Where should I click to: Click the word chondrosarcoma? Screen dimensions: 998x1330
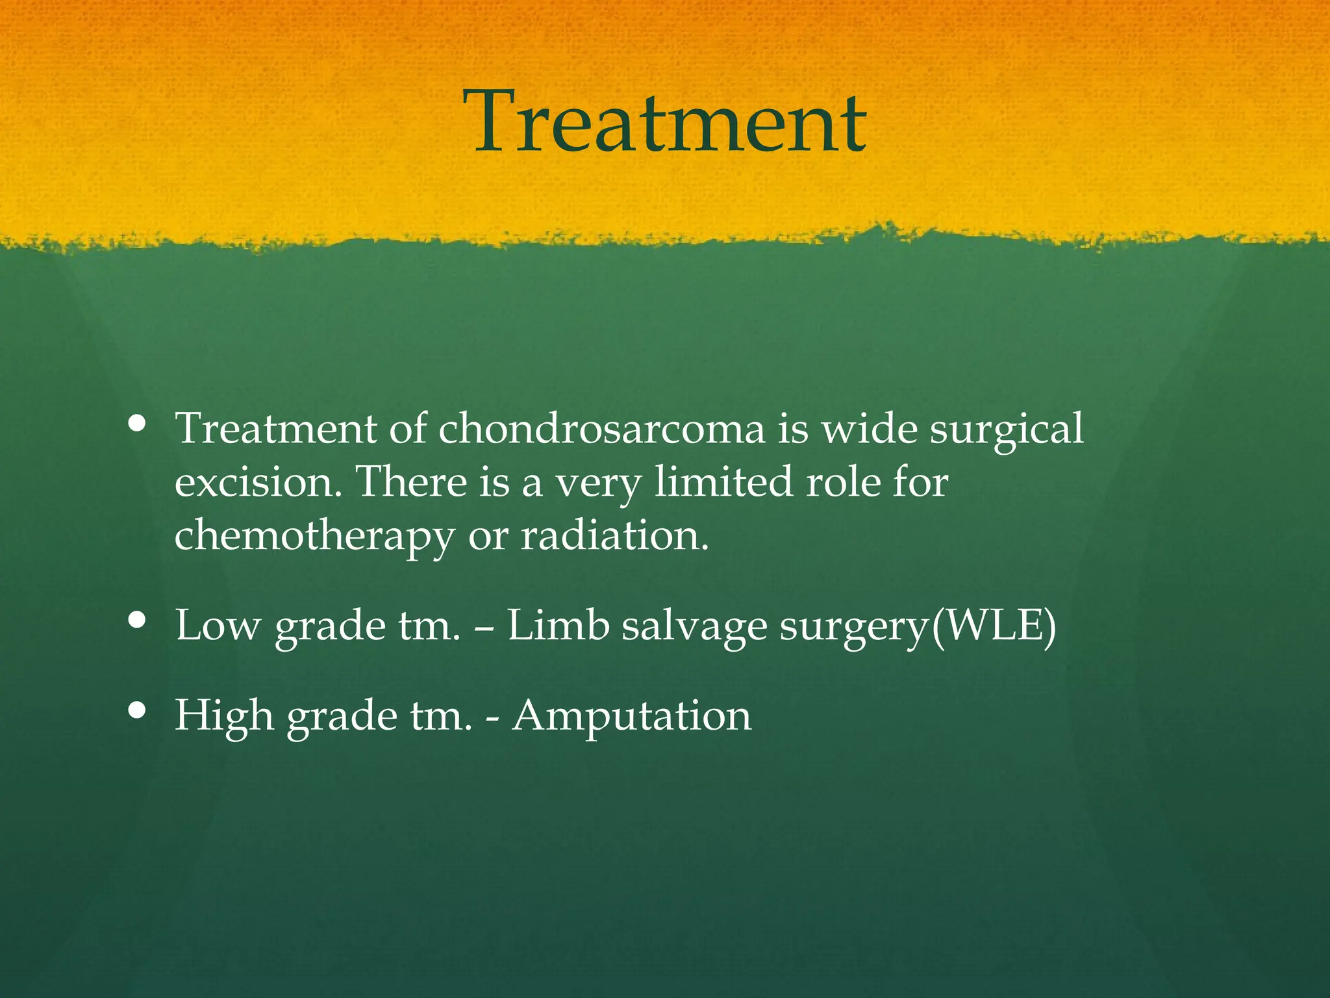coord(601,429)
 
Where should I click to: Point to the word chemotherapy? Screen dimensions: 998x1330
coord(314,537)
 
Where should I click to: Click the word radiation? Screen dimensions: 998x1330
coord(613,536)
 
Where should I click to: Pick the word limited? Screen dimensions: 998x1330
coord(723,482)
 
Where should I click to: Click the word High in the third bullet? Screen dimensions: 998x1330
coord(224,715)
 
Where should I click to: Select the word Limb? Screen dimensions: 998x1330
coord(558,626)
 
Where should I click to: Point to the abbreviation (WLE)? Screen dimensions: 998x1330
coord(993,626)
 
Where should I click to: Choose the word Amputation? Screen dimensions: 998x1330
coord(631,716)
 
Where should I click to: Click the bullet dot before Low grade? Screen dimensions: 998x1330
coord(137,620)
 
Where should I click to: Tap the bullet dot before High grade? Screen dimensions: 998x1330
coord(137,710)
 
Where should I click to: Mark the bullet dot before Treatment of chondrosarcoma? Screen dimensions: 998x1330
coord(137,424)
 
